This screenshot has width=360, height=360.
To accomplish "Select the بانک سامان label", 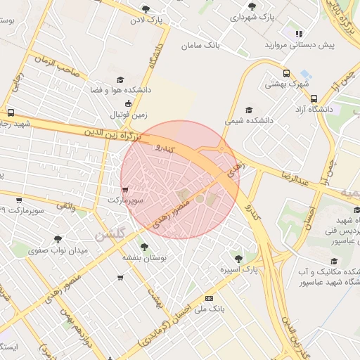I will [x=200, y=45].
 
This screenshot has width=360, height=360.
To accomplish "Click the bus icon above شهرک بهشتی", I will [x=286, y=73].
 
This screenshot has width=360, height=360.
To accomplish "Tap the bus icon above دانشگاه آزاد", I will [x=314, y=98].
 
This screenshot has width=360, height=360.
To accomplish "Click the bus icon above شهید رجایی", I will [x=11, y=112].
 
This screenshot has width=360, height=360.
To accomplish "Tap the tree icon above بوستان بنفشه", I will [x=144, y=247].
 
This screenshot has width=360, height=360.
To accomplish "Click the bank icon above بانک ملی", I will [x=209, y=298].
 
